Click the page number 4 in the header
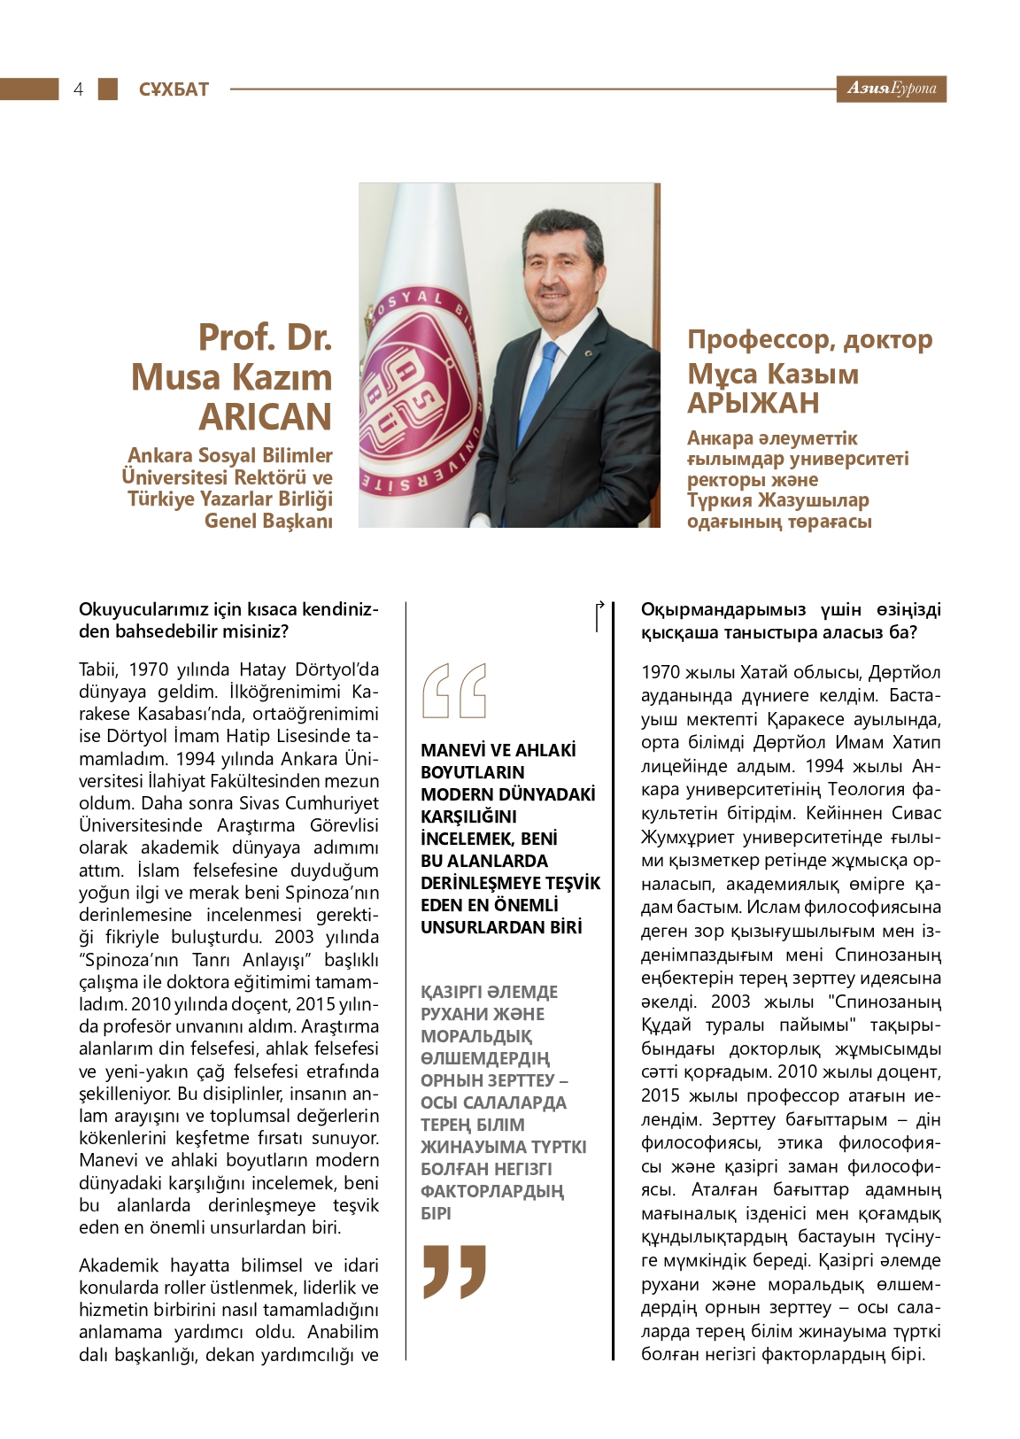pyautogui.click(x=78, y=89)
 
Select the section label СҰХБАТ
pyautogui.click(x=174, y=89)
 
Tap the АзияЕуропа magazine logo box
pyautogui.click(x=891, y=89)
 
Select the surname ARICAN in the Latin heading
pyautogui.click(x=266, y=417)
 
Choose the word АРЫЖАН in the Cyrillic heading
pyautogui.click(x=753, y=403)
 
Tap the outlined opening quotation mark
pyautogui.click(x=454, y=690)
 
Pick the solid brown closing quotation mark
pyautogui.click(x=454, y=1271)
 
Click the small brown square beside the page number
pyautogui.click(x=107, y=89)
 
